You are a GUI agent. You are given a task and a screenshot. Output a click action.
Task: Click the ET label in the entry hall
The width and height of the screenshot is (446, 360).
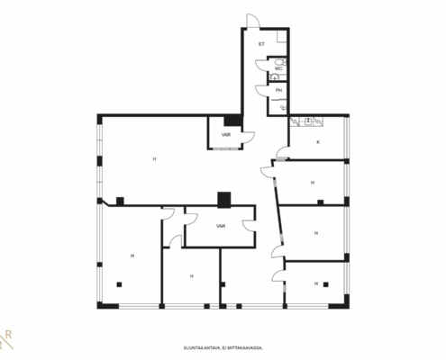(261, 44)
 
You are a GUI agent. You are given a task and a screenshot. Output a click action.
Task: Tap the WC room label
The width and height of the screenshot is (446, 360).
(278, 68)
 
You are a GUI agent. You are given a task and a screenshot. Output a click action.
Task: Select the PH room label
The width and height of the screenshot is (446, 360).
(278, 90)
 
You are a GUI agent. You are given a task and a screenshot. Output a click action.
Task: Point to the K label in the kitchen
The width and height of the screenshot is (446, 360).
(318, 142)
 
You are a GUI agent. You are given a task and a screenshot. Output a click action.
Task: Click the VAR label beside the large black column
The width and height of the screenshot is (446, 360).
(226, 135)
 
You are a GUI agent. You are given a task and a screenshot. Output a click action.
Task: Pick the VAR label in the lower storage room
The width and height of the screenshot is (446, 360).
(221, 226)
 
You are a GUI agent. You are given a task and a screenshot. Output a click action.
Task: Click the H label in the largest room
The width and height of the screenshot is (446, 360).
(154, 159)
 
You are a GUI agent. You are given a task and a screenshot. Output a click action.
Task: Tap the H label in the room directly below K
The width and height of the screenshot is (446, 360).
(313, 183)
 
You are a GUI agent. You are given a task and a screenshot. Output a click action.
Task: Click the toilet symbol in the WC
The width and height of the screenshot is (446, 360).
(281, 62)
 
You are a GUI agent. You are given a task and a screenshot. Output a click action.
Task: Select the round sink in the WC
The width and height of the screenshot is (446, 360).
(274, 77)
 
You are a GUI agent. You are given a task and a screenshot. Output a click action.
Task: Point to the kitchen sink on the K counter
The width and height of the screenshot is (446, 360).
(307, 121)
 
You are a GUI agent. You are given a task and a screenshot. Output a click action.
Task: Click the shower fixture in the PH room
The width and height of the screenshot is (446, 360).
(283, 108)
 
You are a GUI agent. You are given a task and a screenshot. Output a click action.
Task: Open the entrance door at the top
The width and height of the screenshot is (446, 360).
(253, 21)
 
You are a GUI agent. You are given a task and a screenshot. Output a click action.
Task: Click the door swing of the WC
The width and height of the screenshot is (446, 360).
(261, 65)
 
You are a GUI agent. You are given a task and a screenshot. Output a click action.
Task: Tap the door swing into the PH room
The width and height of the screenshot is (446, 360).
(261, 91)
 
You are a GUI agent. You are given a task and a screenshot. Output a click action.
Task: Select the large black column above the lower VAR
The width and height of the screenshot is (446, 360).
(224, 200)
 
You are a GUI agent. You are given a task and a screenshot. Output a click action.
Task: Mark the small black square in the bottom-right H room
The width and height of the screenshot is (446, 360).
(326, 284)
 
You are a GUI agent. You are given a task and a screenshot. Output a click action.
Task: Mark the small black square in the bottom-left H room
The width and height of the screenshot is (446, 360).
(119, 284)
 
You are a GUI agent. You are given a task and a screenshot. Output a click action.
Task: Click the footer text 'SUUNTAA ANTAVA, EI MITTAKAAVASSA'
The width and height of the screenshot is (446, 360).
(223, 348)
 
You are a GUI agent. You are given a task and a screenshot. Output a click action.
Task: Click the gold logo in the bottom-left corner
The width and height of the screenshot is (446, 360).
(6, 340)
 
